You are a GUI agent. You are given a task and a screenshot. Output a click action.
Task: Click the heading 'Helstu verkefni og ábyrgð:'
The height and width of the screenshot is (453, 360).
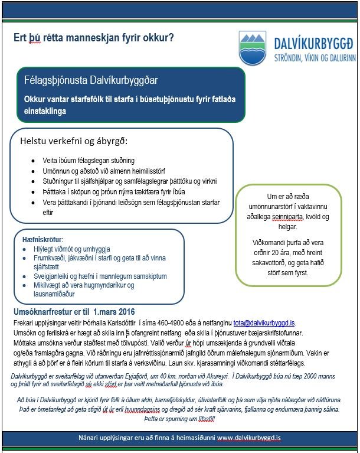(74, 142)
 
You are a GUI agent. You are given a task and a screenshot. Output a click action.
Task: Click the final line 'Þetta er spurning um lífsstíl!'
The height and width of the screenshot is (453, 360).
(179, 418)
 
